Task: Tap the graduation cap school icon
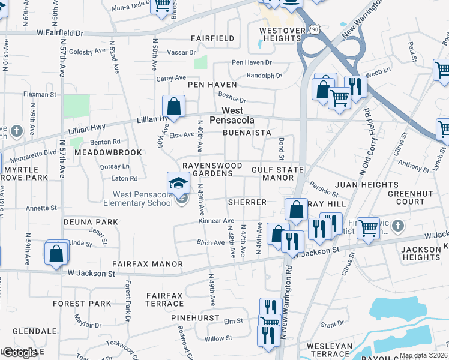179,183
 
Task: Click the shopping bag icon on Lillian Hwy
173,107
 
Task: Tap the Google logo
19,353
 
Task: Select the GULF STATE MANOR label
277,174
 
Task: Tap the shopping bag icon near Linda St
56,253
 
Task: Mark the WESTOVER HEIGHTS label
279,34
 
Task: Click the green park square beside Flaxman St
76,106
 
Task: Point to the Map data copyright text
424,355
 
